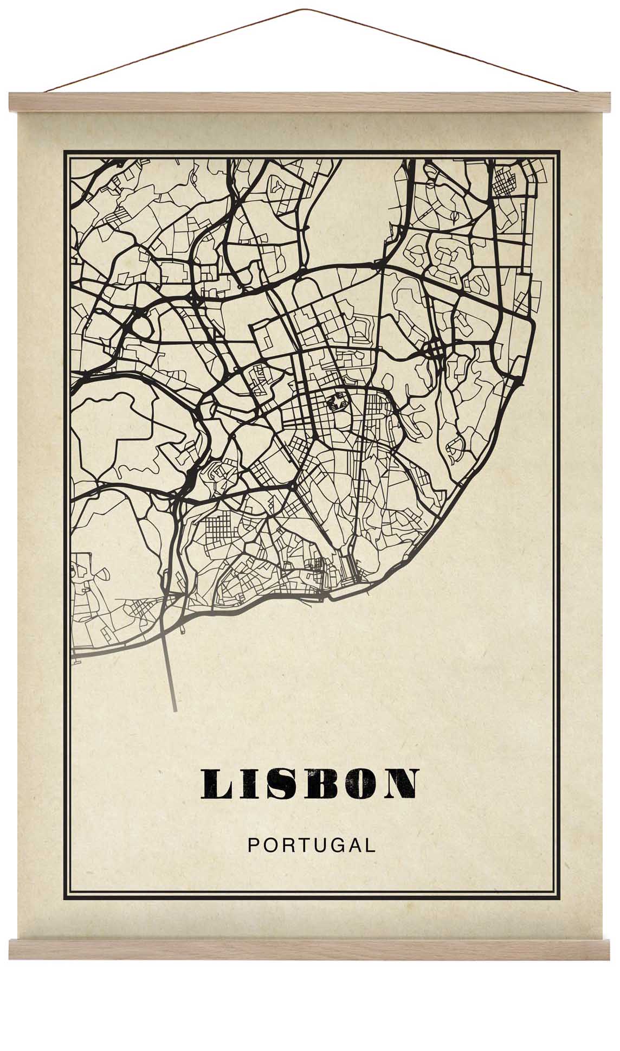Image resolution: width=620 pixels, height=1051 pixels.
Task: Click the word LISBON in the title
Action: tap(309, 784)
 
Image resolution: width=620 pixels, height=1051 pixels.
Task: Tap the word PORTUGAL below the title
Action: tap(311, 845)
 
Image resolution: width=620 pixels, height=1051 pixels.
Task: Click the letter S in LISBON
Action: tap(280, 784)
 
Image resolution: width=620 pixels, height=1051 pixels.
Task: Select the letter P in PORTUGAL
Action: tap(253, 845)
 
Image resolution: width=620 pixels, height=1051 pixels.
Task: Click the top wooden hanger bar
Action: tap(309, 102)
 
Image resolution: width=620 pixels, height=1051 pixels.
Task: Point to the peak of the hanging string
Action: tap(308, 10)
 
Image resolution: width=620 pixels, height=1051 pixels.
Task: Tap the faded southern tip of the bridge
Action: tap(174, 708)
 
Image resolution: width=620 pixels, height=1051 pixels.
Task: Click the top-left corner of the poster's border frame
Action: tap(64, 152)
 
